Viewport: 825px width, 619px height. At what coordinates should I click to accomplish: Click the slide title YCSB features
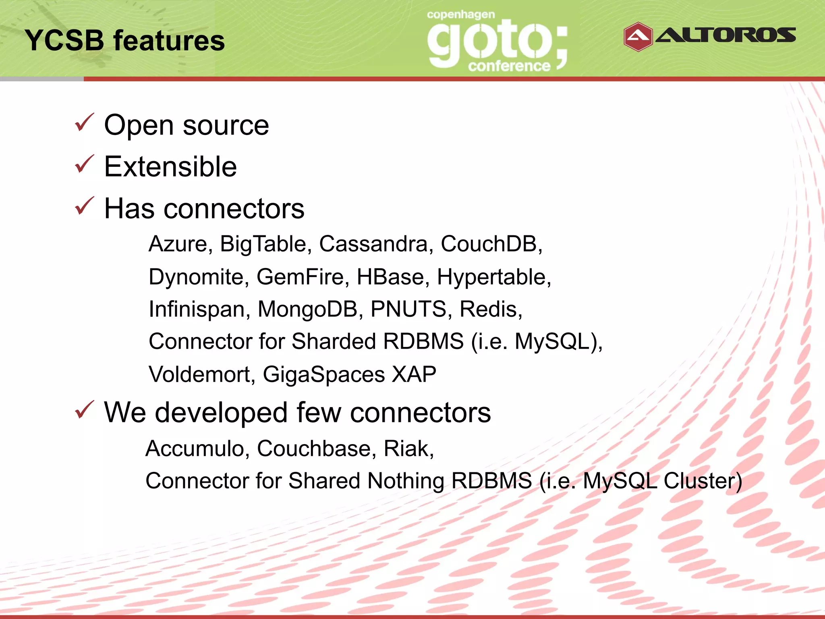124,41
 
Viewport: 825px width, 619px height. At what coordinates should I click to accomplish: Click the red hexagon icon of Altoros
638,37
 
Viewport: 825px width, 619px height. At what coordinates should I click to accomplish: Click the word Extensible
170,167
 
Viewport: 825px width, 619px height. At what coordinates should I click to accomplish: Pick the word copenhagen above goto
460,15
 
